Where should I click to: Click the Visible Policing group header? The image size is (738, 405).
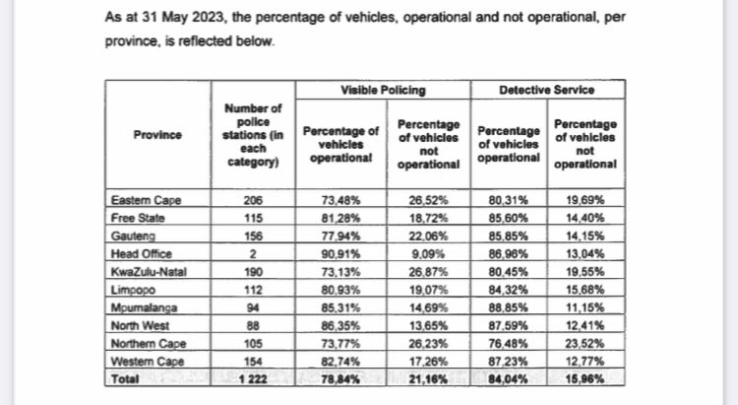click(x=383, y=90)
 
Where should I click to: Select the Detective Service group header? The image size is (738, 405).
click(x=546, y=90)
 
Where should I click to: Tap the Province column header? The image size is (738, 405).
click(x=157, y=135)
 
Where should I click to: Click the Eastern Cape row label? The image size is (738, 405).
click(x=146, y=200)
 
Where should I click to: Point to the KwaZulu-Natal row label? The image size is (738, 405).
click(x=149, y=272)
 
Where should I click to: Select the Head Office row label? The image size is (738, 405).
click(x=141, y=254)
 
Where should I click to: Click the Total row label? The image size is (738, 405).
click(x=125, y=379)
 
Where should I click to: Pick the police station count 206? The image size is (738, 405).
click(x=253, y=200)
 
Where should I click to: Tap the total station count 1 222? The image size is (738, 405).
click(x=253, y=379)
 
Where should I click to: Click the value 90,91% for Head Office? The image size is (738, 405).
click(x=340, y=254)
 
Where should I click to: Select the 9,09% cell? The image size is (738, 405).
click(x=428, y=254)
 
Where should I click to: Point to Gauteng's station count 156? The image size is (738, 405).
click(x=253, y=236)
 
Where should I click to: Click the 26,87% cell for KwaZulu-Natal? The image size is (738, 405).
click(x=428, y=272)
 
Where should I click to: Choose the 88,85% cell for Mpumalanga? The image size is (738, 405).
click(x=509, y=307)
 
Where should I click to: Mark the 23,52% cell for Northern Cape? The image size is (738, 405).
click(x=585, y=344)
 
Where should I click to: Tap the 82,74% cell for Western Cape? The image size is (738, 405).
click(x=340, y=362)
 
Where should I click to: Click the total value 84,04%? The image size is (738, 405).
click(x=509, y=379)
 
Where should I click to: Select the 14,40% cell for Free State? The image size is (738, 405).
click(x=585, y=219)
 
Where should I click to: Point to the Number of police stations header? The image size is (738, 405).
click(x=253, y=135)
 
